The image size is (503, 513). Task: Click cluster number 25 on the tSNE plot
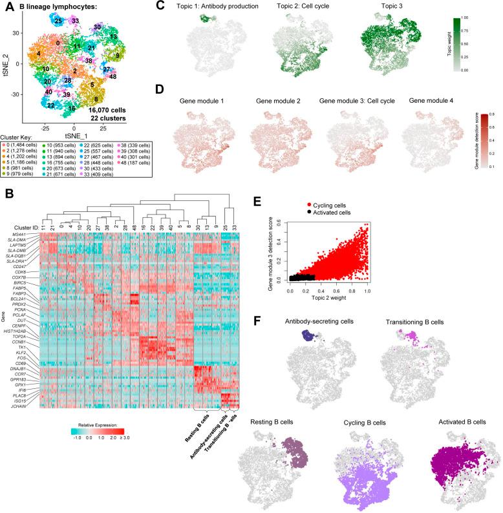click(x=58, y=21)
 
